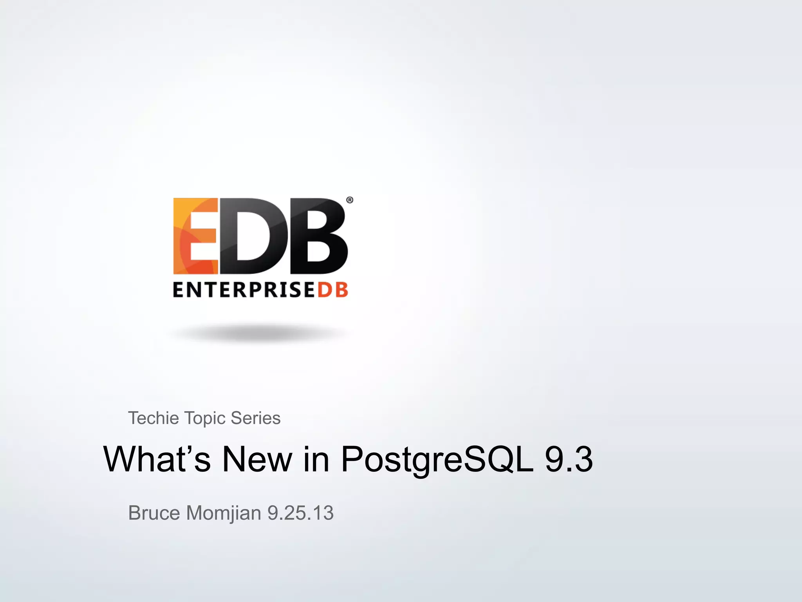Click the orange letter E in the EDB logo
click(x=195, y=236)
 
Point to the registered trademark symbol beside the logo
click(x=350, y=200)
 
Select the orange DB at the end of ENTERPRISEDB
click(x=332, y=290)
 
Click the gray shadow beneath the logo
click(x=258, y=334)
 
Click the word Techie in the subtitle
click(x=154, y=418)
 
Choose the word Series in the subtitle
click(x=255, y=418)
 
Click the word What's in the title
click(x=157, y=459)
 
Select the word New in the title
click(x=257, y=459)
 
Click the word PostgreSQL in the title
click(x=437, y=459)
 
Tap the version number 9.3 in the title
click(x=569, y=459)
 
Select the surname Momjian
click(x=224, y=513)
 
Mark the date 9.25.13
click(x=300, y=513)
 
